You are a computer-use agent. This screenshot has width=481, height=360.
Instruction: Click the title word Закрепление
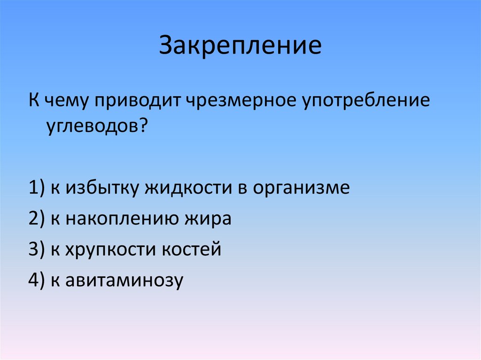coord(240,46)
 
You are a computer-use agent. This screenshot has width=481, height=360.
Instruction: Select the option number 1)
coord(36,188)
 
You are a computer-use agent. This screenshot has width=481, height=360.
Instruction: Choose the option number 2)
coord(36,219)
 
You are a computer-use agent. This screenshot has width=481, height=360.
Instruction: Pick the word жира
coord(207,219)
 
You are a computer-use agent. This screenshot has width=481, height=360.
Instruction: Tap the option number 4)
coord(36,280)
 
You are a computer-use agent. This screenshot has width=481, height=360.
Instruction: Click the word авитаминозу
coord(124,280)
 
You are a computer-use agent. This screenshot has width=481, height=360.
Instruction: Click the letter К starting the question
coord(34,102)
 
